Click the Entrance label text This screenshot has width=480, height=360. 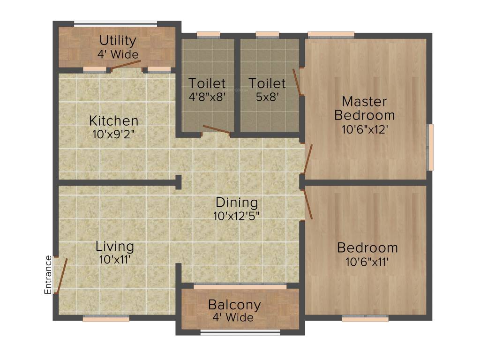pos(48,275)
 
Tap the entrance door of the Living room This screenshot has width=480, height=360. pos(61,276)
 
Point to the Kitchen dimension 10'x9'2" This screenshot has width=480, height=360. pos(114,134)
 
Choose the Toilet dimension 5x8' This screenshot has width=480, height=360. pos(267,97)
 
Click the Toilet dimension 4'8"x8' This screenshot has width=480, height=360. pos(207,97)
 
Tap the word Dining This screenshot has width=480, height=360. pos(237,202)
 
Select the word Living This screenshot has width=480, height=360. pos(115,246)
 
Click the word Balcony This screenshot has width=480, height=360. pos(234,305)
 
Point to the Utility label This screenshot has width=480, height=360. pos(118,40)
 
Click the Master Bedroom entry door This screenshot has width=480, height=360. pos(307,160)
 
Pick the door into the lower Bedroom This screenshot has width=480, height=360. pos(308,203)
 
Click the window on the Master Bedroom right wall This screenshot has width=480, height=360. pos(430,147)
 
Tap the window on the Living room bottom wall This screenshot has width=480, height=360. pos(106,319)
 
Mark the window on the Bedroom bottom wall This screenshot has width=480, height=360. pos(365,319)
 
